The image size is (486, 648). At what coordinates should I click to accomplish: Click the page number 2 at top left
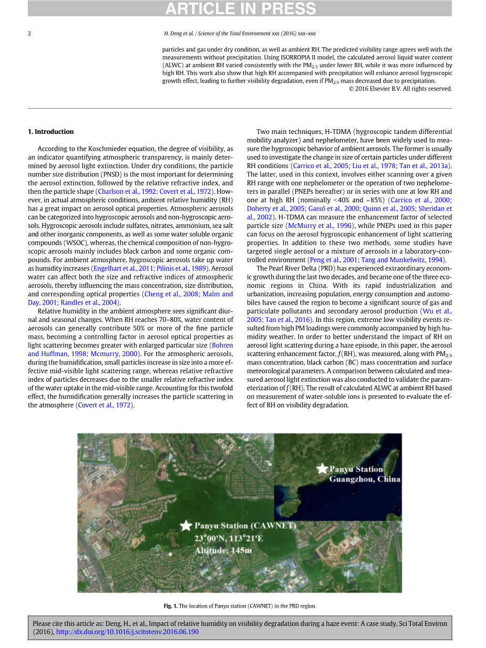click(29, 34)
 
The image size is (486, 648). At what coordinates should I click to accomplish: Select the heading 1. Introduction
click(51, 132)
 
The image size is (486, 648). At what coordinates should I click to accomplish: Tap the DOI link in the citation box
click(127, 632)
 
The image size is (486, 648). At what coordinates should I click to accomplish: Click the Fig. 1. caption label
click(171, 605)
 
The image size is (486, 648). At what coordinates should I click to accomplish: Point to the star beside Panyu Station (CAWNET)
click(185, 525)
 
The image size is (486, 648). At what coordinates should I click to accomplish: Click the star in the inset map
click(322, 468)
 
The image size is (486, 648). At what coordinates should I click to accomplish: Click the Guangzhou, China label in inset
click(364, 479)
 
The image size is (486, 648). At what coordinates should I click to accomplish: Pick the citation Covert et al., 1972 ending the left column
click(104, 405)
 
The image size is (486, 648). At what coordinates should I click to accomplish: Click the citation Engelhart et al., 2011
click(122, 268)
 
